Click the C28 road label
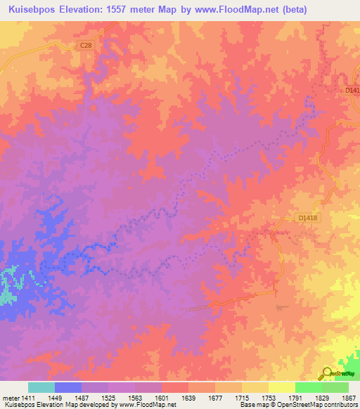click(x=85, y=46)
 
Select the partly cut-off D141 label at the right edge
click(x=352, y=89)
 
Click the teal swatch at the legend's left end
click(x=41, y=387)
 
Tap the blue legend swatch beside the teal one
click(x=68, y=387)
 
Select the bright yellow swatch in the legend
click(x=281, y=387)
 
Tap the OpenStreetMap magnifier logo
click(x=327, y=374)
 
